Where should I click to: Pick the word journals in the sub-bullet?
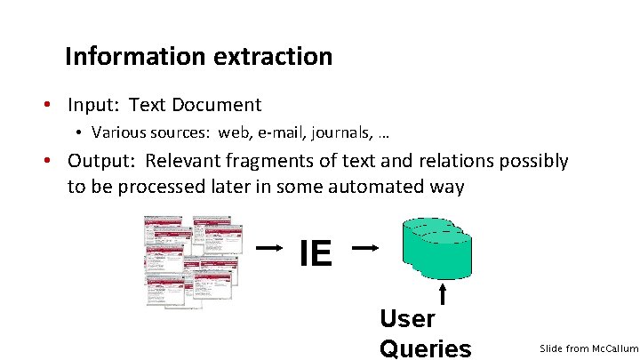pos(342,132)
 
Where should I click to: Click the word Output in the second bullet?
pos(100,161)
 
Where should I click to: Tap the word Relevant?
pos(186,161)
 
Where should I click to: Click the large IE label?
pos(316,253)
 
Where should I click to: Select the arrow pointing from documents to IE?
pos(270,249)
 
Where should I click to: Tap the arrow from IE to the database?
pos(367,249)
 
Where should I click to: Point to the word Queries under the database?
pos(425,348)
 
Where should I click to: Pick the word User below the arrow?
pos(406,318)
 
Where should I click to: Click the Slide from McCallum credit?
pos(588,348)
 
